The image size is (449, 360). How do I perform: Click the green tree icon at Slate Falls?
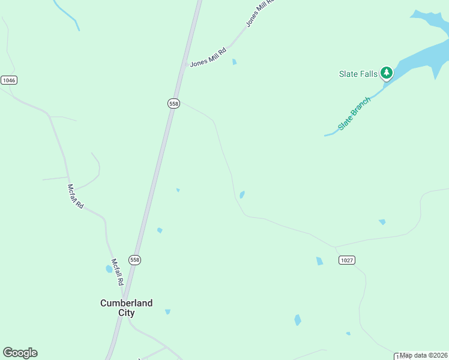[x=387, y=73]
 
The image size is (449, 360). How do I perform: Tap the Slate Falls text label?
[x=358, y=74]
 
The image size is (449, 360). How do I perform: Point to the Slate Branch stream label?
[x=354, y=113]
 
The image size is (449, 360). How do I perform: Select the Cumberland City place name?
[x=126, y=308]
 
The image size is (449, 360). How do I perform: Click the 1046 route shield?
[x=8, y=80]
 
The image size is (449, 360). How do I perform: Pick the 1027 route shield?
[x=346, y=260]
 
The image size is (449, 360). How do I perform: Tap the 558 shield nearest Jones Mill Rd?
[x=173, y=103]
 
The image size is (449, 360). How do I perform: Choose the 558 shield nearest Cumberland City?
[x=135, y=260]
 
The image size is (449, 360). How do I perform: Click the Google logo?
[x=20, y=353]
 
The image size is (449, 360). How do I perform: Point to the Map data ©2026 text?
[x=423, y=355]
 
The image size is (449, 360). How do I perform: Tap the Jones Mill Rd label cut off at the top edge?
[x=259, y=13]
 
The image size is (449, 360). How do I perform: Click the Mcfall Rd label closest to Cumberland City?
[x=118, y=272]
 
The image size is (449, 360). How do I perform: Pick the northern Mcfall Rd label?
[x=76, y=196]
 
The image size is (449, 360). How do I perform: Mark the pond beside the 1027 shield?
[x=319, y=261]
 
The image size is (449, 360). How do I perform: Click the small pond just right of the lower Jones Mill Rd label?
[x=234, y=61]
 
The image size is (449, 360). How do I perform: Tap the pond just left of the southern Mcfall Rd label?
[x=109, y=269]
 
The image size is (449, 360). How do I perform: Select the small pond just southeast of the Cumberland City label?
[x=167, y=311]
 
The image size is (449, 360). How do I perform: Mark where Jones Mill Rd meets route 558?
[x=184, y=70]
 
